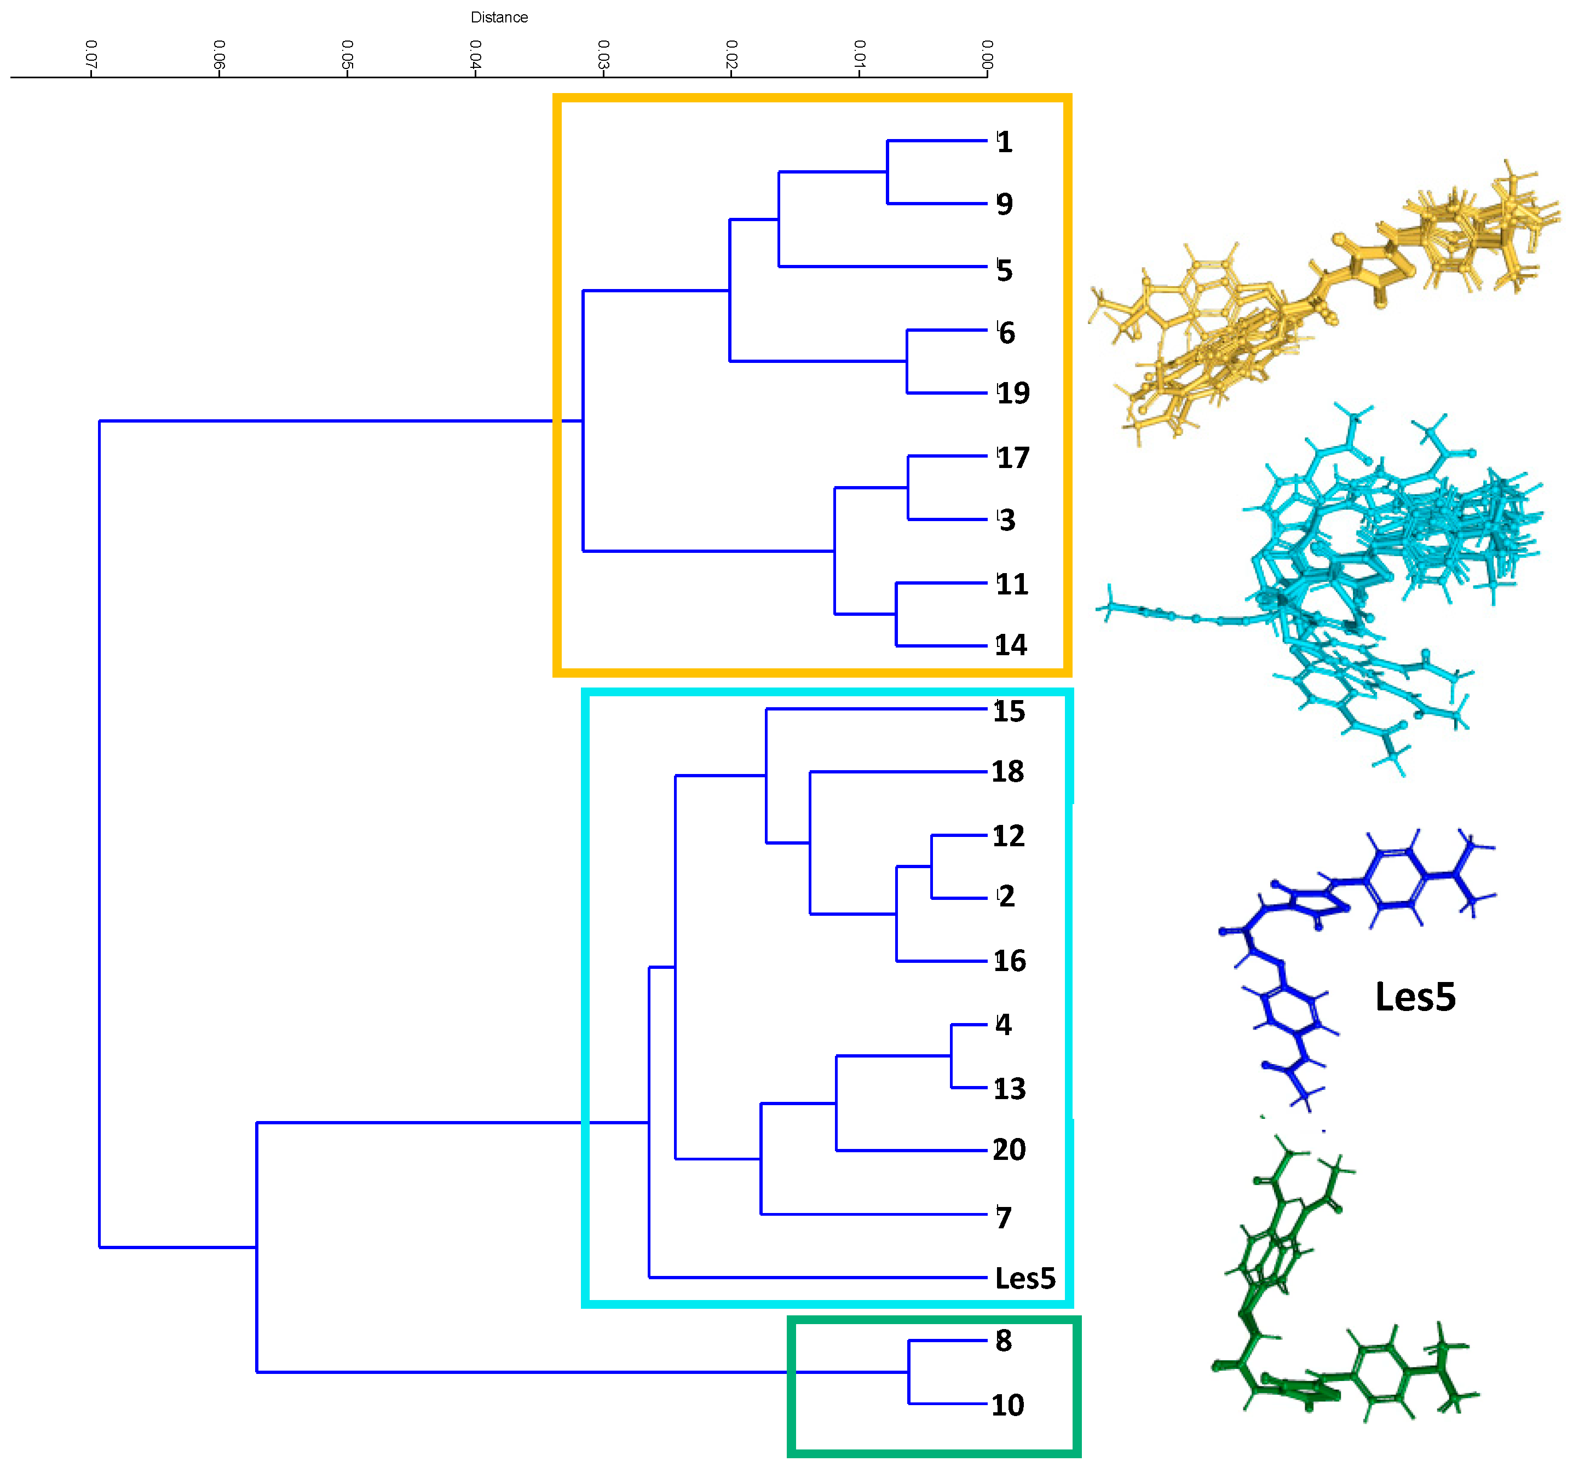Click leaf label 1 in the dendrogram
[1004, 142]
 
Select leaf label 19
[1013, 393]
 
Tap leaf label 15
[1009, 711]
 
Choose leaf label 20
[1009, 1149]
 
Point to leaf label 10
[1007, 1406]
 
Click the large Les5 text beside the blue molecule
[1415, 997]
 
